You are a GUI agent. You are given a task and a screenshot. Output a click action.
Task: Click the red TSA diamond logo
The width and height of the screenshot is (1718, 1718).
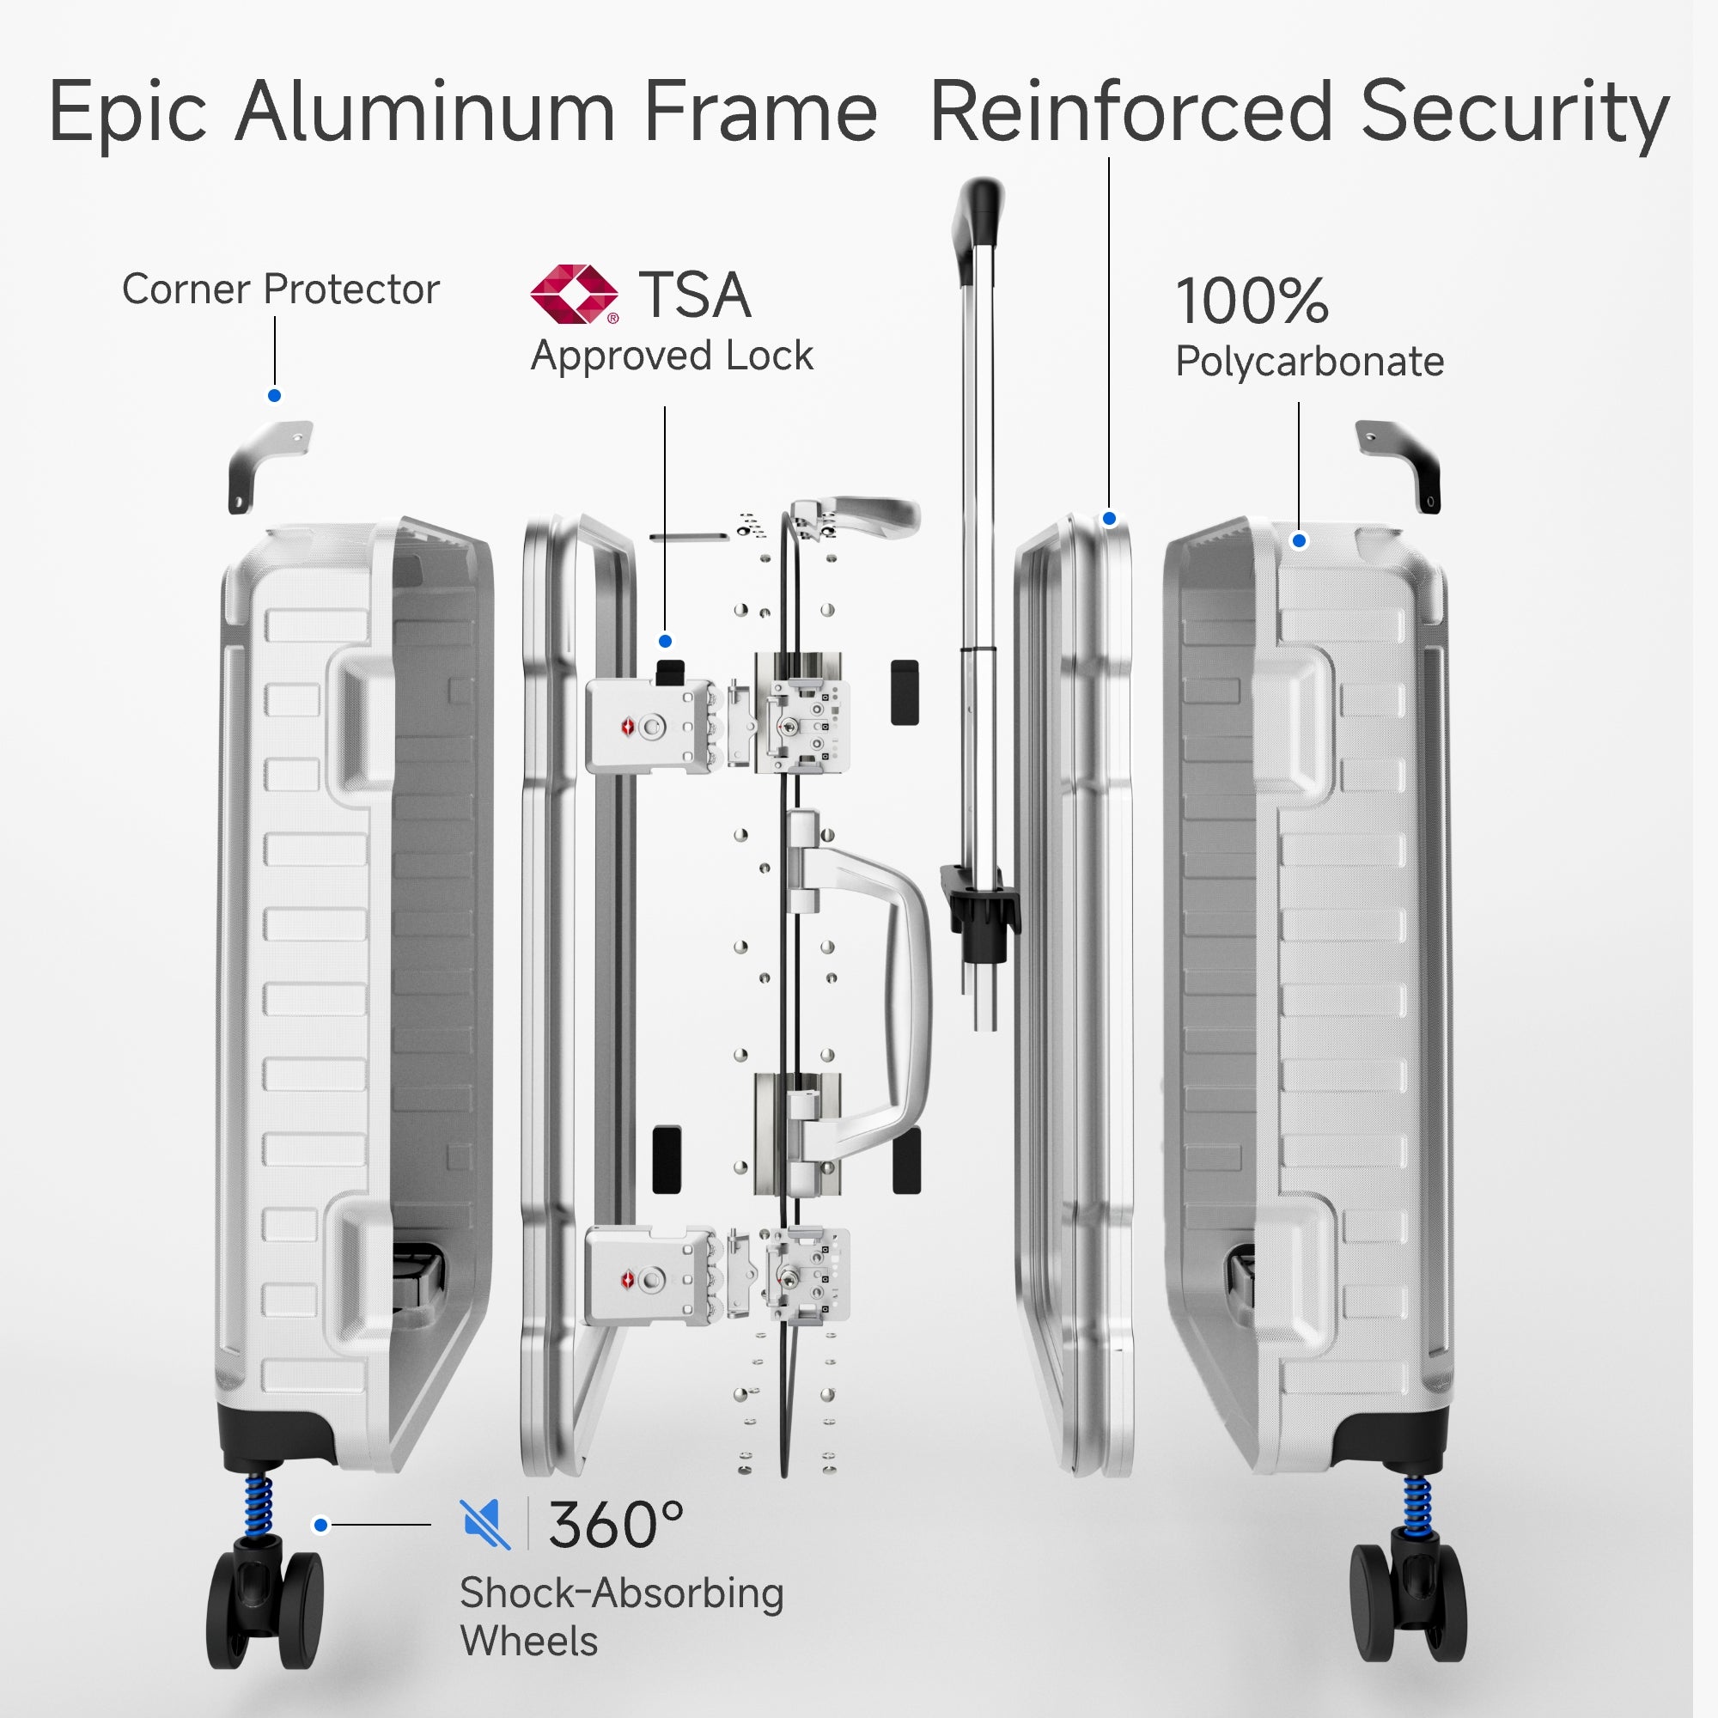[x=574, y=294]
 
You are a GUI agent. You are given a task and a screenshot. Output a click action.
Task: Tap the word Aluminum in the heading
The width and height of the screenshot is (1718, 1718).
[x=425, y=112]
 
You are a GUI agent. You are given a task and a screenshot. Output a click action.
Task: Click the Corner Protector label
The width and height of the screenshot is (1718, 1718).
[x=280, y=289]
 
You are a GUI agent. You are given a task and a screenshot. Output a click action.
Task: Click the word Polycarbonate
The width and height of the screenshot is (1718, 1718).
[x=1309, y=361]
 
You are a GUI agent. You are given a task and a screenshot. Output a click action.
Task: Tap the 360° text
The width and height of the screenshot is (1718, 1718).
[x=615, y=1524]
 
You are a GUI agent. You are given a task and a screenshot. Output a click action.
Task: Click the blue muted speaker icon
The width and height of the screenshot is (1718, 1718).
[x=485, y=1523]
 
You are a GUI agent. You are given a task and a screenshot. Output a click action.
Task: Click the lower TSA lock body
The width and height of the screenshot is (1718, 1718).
[x=649, y=1279]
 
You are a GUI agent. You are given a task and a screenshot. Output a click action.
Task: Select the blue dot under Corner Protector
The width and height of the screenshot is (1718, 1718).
[x=275, y=396]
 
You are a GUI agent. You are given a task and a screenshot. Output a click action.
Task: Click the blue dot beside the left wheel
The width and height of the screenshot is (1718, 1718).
[x=321, y=1524]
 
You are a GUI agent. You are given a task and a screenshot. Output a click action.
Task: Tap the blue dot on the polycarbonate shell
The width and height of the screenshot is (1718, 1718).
[x=1299, y=539]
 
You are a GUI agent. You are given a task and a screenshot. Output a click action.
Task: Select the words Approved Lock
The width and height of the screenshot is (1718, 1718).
[x=672, y=356]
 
